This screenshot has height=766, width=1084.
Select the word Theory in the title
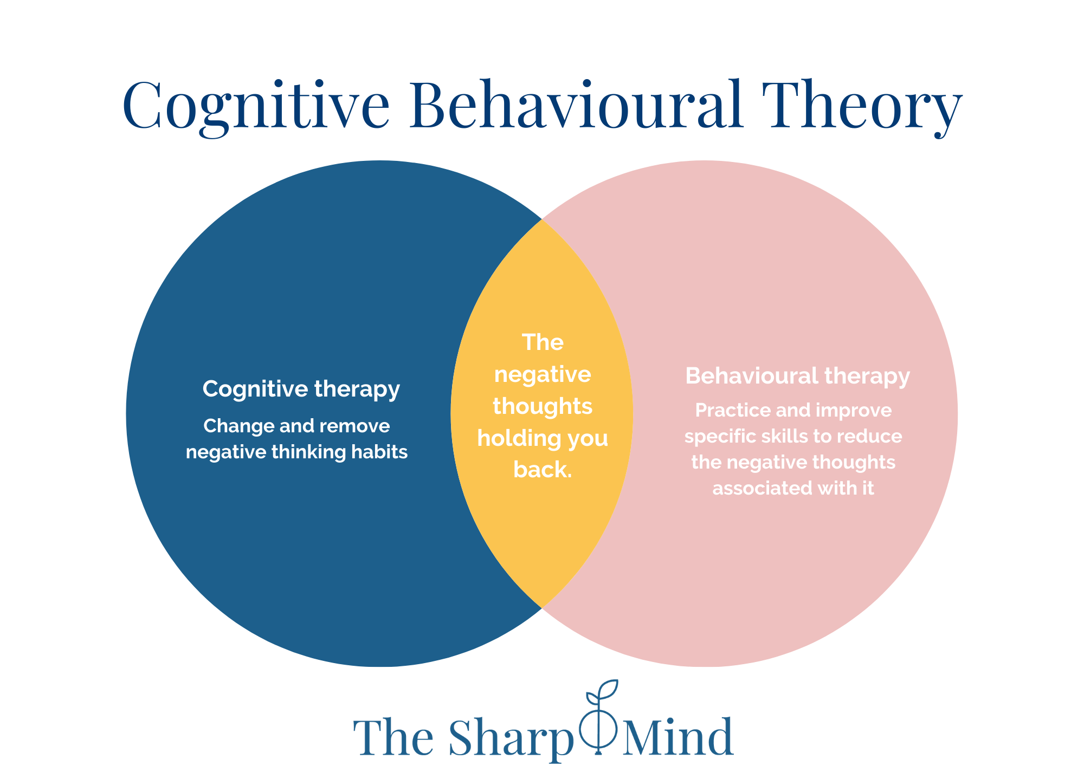pyautogui.click(x=862, y=106)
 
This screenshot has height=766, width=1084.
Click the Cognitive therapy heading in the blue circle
pyautogui.click(x=301, y=389)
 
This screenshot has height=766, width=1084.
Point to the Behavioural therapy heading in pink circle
pyautogui.click(x=797, y=376)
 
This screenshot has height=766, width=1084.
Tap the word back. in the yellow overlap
pyautogui.click(x=543, y=470)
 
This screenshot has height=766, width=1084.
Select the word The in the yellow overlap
pyautogui.click(x=543, y=342)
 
